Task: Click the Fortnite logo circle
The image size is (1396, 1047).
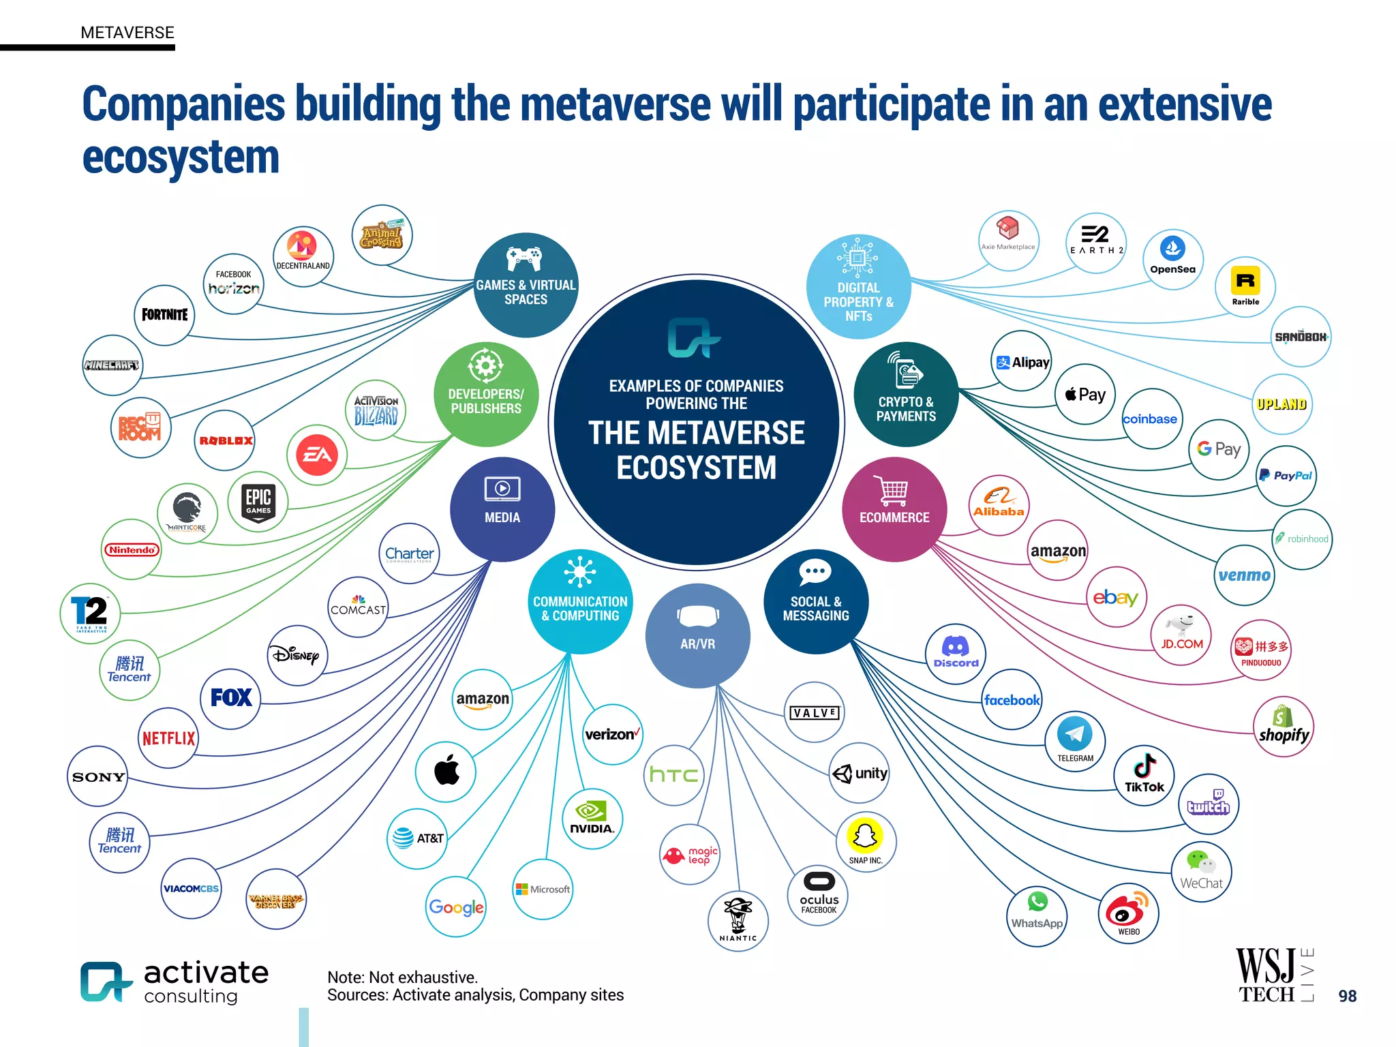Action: click(x=164, y=315)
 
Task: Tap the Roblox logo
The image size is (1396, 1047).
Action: click(x=226, y=440)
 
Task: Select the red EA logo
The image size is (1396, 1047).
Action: click(x=317, y=455)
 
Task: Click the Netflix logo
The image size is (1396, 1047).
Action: click(x=168, y=738)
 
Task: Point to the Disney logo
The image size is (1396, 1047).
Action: click(x=297, y=655)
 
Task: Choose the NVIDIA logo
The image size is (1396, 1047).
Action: click(x=592, y=819)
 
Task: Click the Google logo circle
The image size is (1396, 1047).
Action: click(x=456, y=907)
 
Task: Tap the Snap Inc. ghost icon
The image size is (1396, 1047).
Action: click(x=865, y=836)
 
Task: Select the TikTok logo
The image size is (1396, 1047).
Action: click(x=1144, y=775)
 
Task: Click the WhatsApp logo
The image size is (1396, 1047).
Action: click(x=1037, y=915)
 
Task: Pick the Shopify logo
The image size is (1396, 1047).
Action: click(x=1284, y=726)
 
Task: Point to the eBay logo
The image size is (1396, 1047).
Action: click(x=1116, y=598)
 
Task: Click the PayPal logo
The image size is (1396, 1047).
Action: click(x=1286, y=476)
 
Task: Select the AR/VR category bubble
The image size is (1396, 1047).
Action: click(x=697, y=635)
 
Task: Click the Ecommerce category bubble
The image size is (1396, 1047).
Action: click(x=894, y=509)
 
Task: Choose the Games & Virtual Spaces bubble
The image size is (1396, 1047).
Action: click(x=526, y=285)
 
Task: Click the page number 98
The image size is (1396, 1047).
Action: click(x=1347, y=996)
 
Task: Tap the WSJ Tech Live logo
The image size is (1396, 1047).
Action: click(x=1274, y=975)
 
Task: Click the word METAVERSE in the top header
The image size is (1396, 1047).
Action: click(x=127, y=33)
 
